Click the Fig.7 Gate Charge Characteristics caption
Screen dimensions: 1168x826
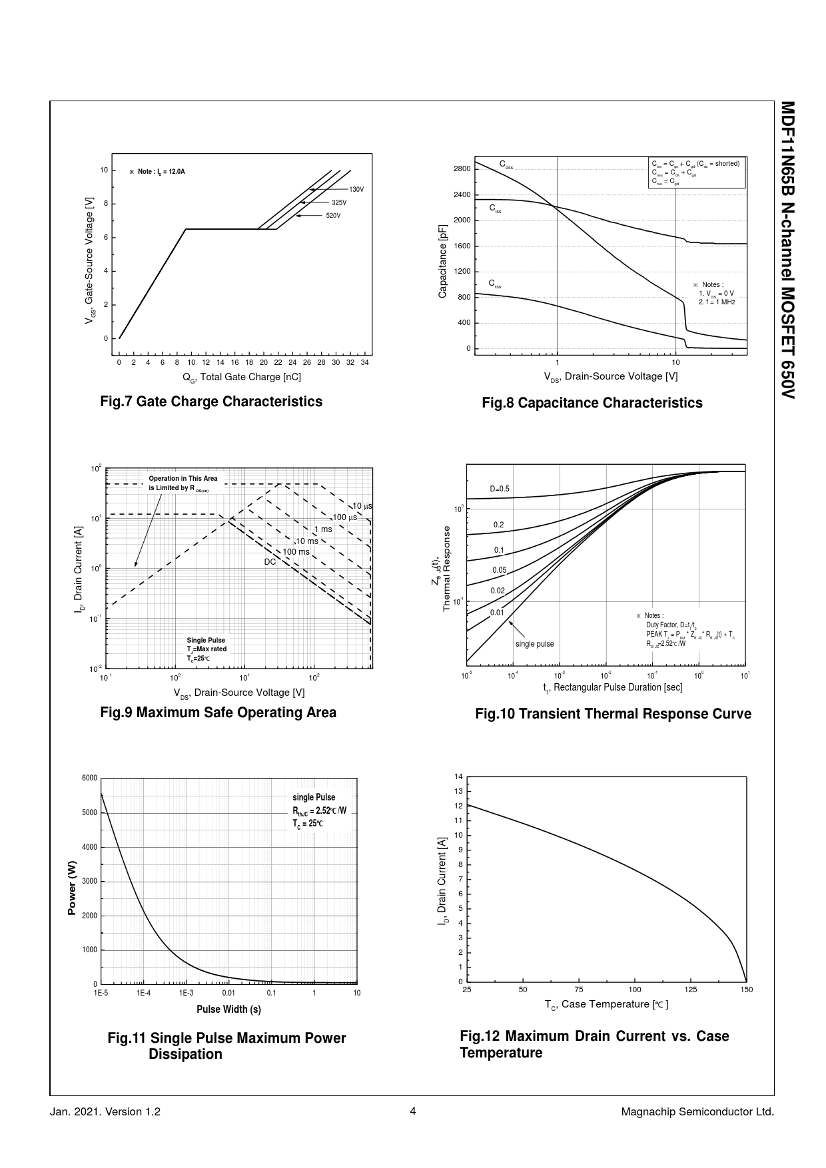click(210, 402)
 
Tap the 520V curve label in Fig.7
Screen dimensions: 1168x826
click(333, 216)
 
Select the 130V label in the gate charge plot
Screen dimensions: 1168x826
click(356, 190)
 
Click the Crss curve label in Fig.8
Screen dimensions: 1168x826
click(494, 284)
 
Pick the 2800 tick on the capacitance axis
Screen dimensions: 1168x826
click(462, 168)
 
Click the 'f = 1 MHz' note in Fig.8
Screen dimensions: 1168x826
click(717, 302)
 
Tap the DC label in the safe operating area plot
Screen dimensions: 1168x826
click(270, 562)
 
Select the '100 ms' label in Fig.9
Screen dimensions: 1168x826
click(296, 552)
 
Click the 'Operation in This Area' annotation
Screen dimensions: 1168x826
click(183, 479)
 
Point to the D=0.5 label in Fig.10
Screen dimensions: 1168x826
click(500, 489)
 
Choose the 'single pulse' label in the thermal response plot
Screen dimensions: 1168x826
click(534, 644)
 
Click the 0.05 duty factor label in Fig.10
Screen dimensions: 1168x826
click(500, 570)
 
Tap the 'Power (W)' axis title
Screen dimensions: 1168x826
click(72, 888)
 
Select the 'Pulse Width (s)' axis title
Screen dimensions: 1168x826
click(228, 1010)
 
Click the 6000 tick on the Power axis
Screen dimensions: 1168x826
click(90, 778)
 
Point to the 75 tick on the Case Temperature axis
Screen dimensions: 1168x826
click(579, 990)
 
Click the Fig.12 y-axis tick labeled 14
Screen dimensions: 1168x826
click(458, 777)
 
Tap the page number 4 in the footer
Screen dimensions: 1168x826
click(413, 1111)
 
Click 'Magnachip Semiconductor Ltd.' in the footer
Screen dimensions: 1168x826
click(697, 1112)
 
